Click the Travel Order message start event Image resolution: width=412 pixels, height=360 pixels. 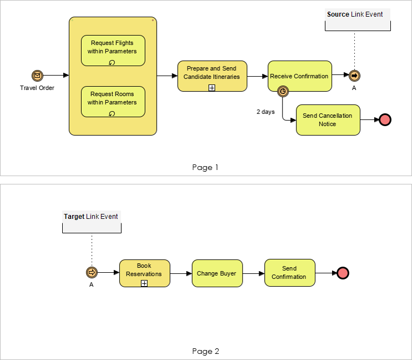[x=37, y=76]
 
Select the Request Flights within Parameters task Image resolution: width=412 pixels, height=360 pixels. [x=113, y=50]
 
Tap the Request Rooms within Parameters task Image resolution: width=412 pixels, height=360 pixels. [x=113, y=101]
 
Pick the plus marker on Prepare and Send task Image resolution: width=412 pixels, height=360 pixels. [x=212, y=88]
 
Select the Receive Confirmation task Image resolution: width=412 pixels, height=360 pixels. [x=299, y=76]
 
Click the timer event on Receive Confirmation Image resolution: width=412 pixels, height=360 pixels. [x=283, y=91]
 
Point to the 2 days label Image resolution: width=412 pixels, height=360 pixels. [x=265, y=112]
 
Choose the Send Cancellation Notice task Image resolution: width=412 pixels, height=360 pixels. [x=328, y=120]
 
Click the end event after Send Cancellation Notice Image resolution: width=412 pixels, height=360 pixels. [x=385, y=120]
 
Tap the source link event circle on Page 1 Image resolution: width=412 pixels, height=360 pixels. [x=354, y=76]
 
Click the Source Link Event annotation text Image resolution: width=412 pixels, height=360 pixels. [x=355, y=14]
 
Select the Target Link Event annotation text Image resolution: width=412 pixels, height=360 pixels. [x=91, y=216]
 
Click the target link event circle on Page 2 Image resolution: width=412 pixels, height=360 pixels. [x=92, y=273]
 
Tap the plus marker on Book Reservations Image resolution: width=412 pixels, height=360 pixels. [x=144, y=283]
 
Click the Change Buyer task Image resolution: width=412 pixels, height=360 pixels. [x=217, y=273]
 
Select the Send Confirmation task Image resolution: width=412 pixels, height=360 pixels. [x=289, y=273]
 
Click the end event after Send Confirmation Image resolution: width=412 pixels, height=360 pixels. [x=343, y=273]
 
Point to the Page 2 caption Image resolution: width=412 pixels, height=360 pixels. [x=205, y=351]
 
